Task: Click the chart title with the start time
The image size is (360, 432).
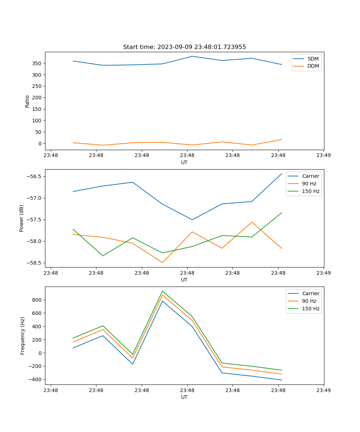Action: (184, 47)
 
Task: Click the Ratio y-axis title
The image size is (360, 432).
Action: (27, 101)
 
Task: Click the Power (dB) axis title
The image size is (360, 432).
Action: (22, 218)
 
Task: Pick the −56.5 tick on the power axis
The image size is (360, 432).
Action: (34, 176)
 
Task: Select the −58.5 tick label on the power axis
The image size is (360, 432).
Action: (34, 263)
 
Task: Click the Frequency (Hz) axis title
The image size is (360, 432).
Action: (23, 336)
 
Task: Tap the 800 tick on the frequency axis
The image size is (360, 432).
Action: (37, 300)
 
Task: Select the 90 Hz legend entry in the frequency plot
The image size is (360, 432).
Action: (309, 301)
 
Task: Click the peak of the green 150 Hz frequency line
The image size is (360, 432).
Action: (162, 291)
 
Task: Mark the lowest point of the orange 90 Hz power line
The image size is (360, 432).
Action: (162, 262)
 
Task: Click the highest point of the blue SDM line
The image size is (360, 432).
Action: (192, 56)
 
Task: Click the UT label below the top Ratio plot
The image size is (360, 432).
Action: (184, 162)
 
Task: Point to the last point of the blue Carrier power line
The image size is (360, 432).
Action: (282, 174)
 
